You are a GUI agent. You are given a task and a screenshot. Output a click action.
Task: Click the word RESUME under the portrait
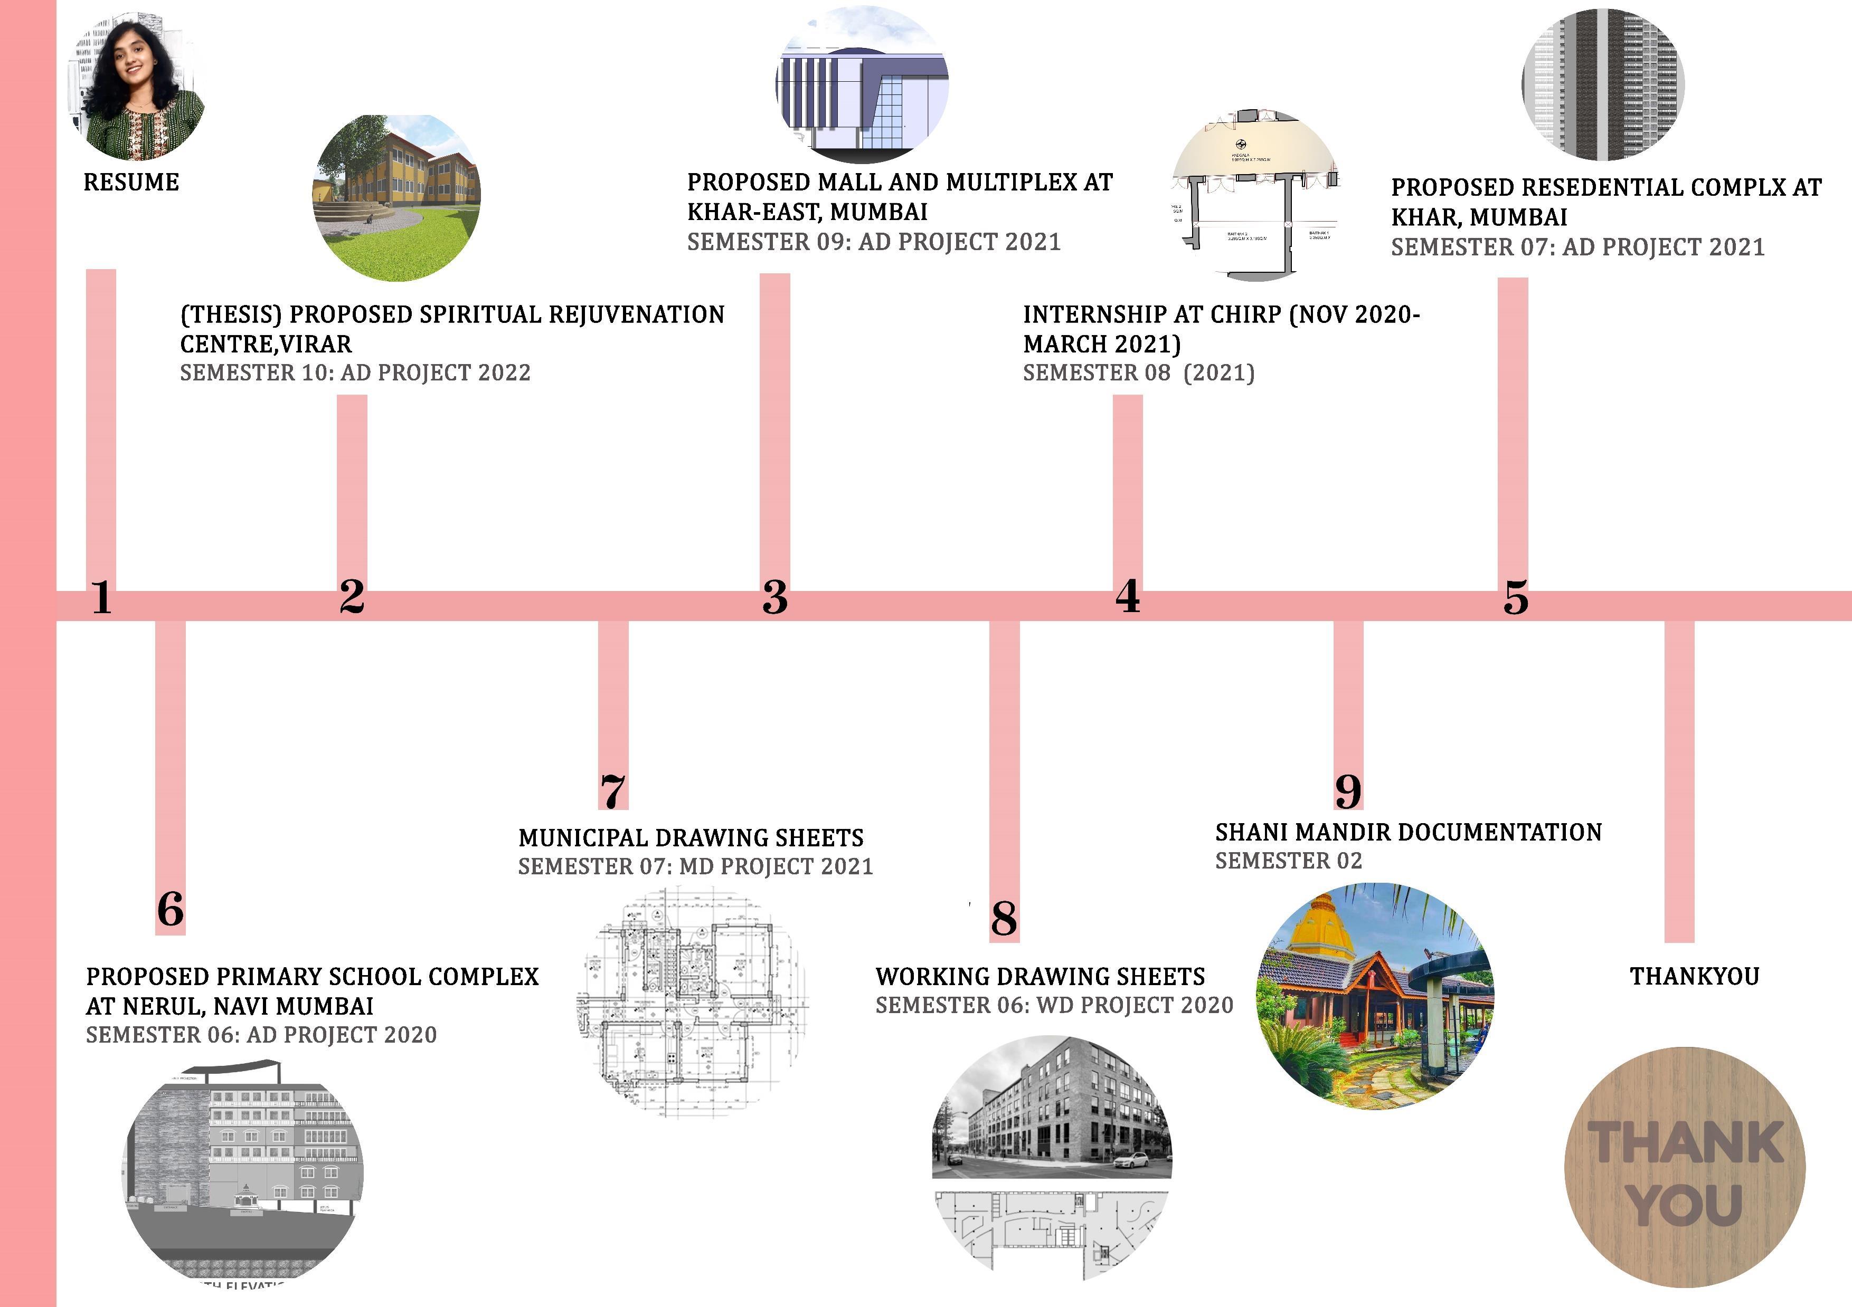point(131,182)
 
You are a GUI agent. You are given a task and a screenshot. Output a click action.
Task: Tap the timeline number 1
point(101,597)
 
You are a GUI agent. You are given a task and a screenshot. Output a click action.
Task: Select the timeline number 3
point(774,597)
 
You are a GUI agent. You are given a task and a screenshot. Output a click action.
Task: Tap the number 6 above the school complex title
point(170,910)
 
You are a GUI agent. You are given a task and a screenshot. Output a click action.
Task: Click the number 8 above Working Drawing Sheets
point(1004,918)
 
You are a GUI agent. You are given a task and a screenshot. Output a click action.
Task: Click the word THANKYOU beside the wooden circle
point(1694,976)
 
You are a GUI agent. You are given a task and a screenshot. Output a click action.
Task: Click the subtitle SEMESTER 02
point(1288,861)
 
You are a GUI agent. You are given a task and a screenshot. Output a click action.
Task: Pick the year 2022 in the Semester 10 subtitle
point(503,373)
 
